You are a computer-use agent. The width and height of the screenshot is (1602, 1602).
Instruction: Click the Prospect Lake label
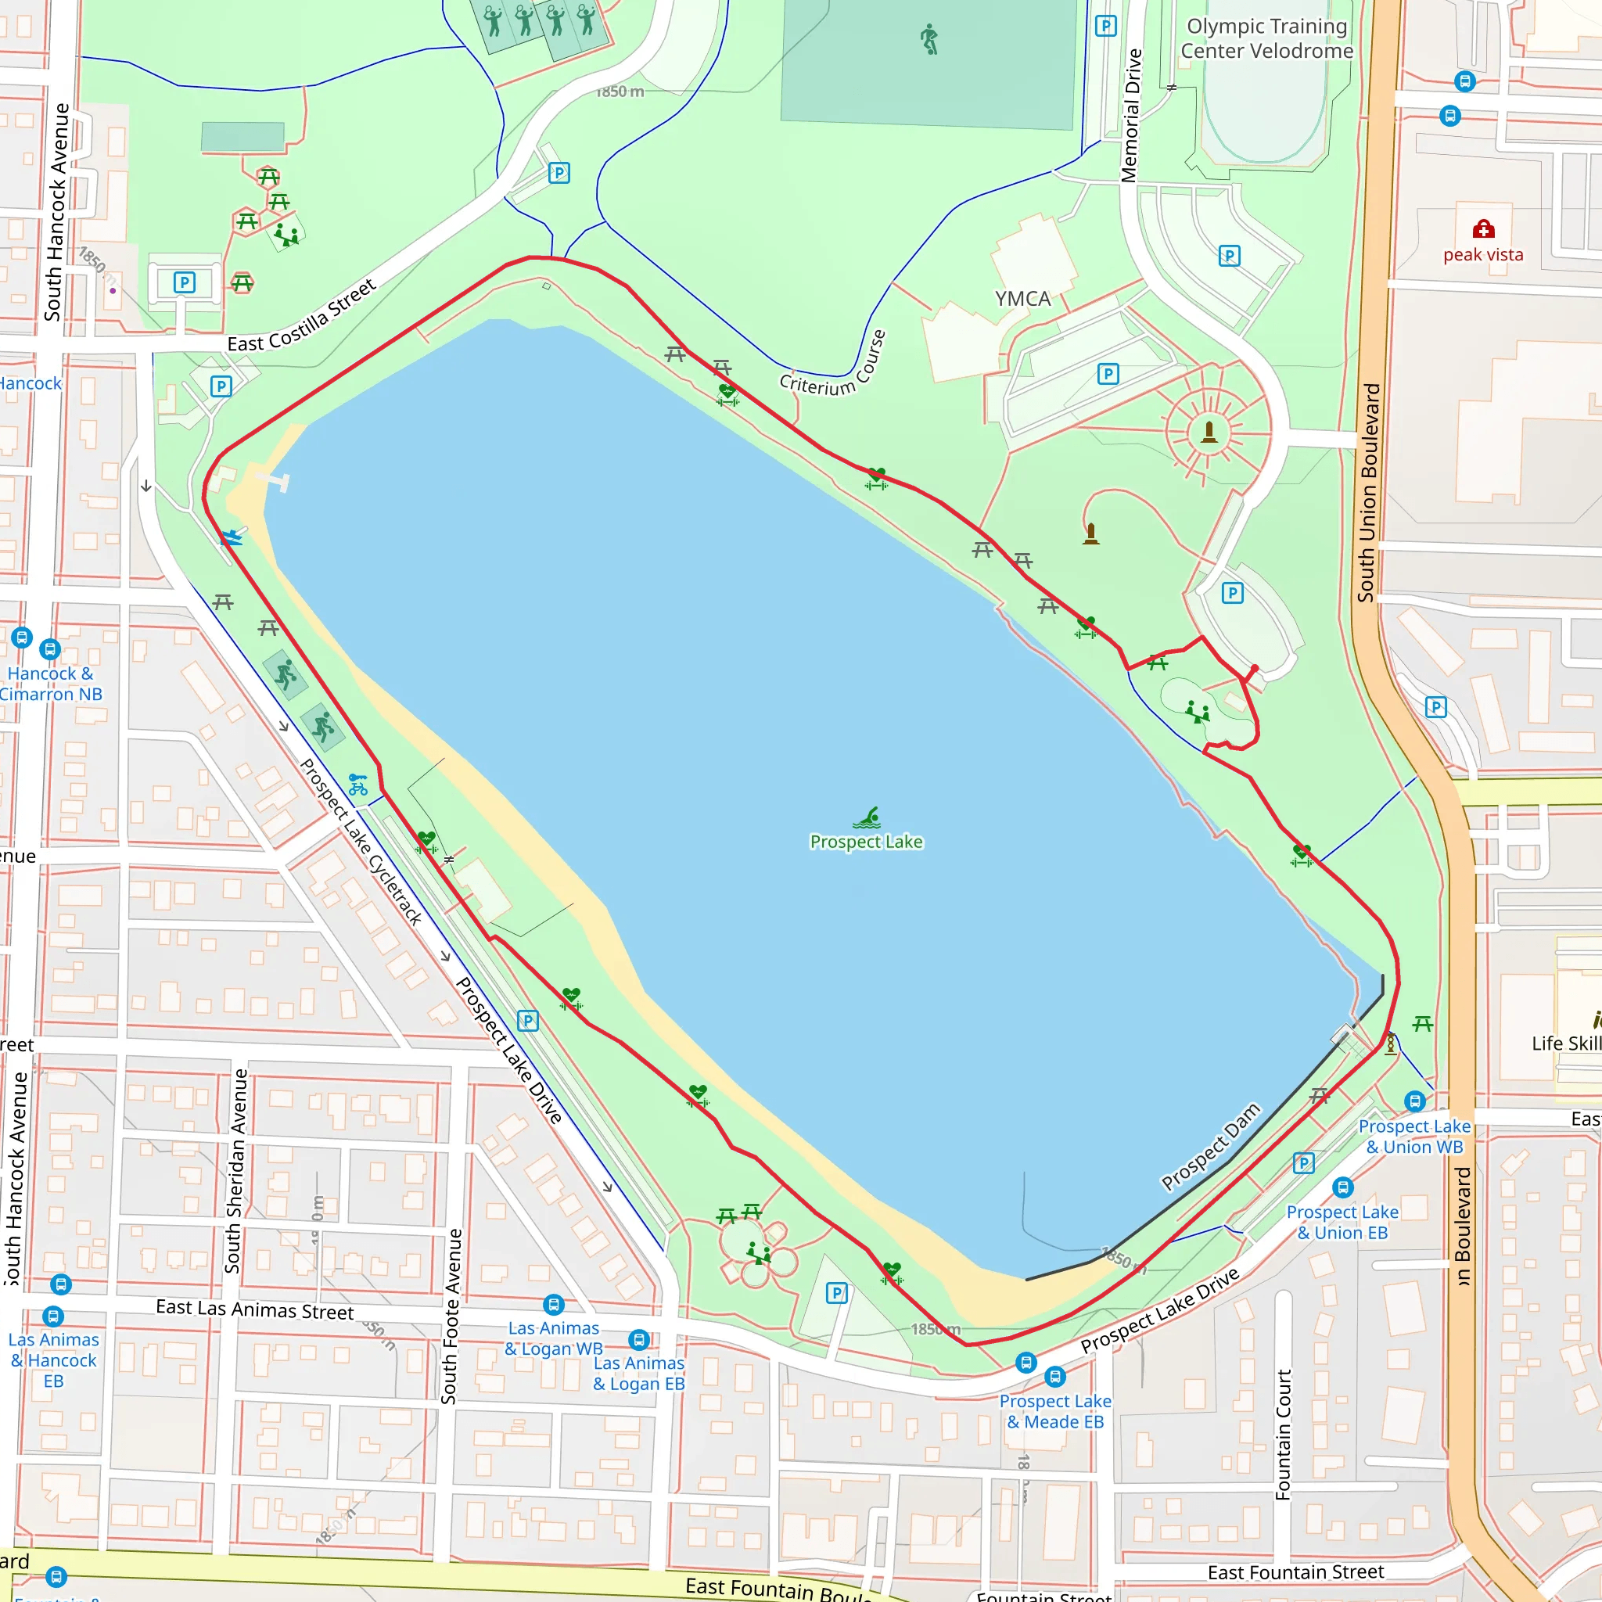tap(866, 842)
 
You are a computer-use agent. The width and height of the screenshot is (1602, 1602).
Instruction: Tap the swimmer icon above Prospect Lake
tap(868, 817)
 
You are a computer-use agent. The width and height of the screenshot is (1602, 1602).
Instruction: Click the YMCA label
tap(1022, 299)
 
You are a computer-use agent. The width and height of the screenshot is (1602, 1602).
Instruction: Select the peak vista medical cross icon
tap(1482, 229)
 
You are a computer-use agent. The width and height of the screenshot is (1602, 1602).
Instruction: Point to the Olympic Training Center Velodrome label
tap(1266, 39)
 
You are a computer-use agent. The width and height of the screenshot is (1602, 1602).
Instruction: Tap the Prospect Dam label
tap(1210, 1147)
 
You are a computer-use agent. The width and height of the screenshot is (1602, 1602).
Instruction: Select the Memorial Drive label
tap(1130, 115)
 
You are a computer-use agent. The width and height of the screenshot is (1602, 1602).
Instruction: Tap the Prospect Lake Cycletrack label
tap(361, 842)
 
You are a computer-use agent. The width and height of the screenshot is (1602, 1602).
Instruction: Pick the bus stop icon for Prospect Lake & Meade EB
tap(1054, 1378)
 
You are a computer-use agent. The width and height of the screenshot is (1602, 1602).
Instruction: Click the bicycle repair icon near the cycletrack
tap(357, 785)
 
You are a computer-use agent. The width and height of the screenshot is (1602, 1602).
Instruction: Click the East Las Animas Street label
tap(254, 1309)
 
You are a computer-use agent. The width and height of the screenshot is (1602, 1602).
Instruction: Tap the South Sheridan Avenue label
tap(236, 1171)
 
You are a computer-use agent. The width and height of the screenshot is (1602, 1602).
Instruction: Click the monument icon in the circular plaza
tap(1209, 432)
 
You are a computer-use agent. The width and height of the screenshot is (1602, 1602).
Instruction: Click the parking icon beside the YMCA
tap(1108, 374)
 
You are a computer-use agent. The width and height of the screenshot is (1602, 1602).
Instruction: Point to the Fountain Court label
tap(1283, 1435)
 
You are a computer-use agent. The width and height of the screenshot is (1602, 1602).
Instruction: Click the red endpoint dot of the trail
tap(1255, 668)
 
